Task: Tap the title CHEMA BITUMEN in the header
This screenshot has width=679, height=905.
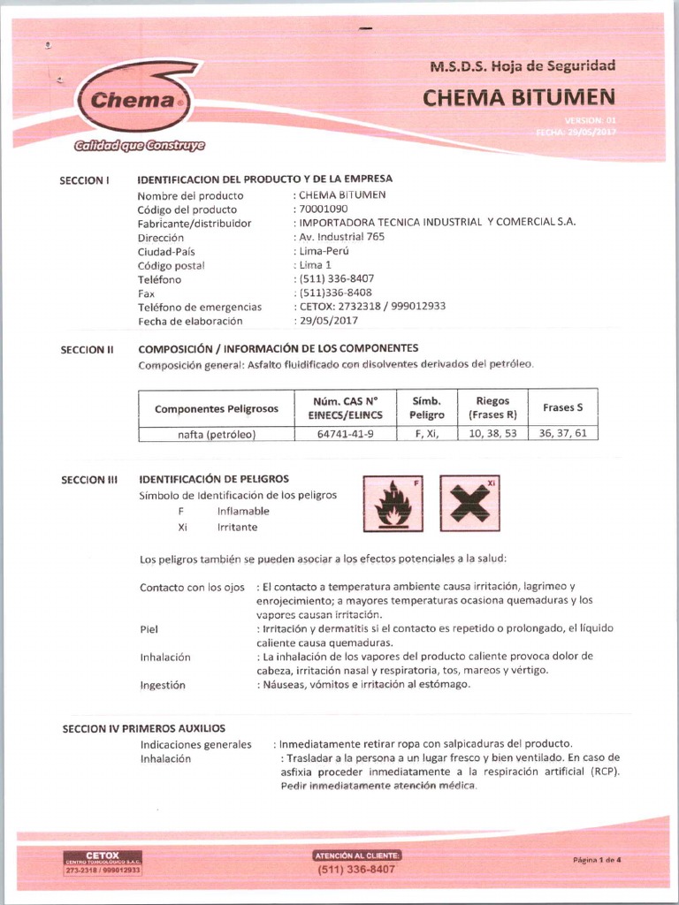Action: pos(518,97)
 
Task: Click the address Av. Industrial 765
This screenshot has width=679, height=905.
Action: pos(342,237)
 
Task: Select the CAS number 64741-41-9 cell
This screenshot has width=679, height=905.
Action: pos(345,434)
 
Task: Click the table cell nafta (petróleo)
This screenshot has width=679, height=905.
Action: pos(216,434)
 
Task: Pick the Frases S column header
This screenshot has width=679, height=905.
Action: pos(562,407)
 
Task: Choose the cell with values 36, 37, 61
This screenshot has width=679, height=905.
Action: pos(562,434)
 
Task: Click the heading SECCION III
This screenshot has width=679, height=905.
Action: pos(88,480)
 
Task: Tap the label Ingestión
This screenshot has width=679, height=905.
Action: pos(163,685)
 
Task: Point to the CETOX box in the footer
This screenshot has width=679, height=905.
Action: pos(103,863)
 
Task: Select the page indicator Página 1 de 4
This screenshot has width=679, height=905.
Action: pos(597,860)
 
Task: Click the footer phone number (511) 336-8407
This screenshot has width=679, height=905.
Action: pos(356,870)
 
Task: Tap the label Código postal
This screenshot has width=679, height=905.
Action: pos(171,265)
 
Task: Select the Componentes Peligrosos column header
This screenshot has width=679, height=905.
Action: pos(216,408)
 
